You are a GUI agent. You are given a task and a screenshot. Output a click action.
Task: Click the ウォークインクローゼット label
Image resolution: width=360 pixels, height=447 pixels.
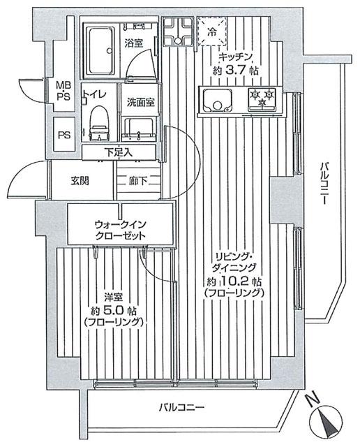[120, 230]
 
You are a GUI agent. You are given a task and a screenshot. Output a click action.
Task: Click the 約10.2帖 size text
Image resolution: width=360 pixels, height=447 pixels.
[234, 281]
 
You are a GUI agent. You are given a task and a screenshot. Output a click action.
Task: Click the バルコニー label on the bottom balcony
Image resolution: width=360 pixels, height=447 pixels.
[180, 407]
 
